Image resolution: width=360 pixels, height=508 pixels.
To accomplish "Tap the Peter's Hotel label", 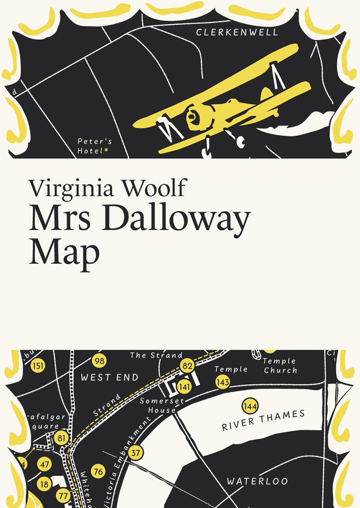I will (94, 146).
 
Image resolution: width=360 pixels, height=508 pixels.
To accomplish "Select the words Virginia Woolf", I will (107, 188).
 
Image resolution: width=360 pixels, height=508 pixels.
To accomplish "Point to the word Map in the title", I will (64, 252).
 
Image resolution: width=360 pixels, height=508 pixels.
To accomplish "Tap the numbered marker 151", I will (38, 366).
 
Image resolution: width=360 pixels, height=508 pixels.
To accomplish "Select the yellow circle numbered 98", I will (99, 361).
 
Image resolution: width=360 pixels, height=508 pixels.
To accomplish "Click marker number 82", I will (188, 366).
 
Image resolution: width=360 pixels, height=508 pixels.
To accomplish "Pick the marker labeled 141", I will (185, 387).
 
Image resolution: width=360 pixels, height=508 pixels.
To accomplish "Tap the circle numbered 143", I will (223, 382).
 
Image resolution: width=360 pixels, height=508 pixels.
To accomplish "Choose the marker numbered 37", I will (135, 453).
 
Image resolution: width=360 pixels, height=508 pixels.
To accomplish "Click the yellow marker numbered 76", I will (98, 472).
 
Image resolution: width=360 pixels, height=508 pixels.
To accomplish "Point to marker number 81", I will (62, 437).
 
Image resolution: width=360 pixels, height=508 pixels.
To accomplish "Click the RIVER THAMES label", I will (264, 420).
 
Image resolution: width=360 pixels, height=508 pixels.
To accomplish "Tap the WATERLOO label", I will (257, 481).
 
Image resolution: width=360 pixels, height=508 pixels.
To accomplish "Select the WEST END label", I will (110, 377).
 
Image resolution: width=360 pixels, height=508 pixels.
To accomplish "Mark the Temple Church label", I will (280, 366).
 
